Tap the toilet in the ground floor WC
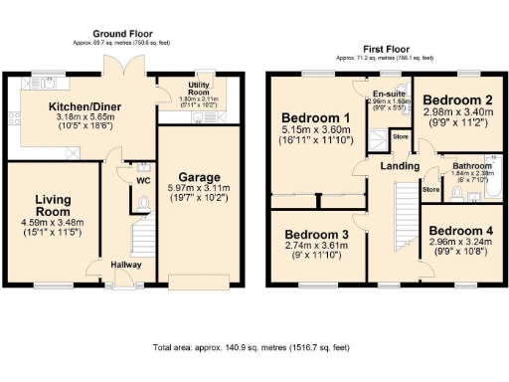click(142, 204)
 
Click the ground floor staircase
click(145, 239)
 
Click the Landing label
click(399, 166)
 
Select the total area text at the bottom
click(253, 349)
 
